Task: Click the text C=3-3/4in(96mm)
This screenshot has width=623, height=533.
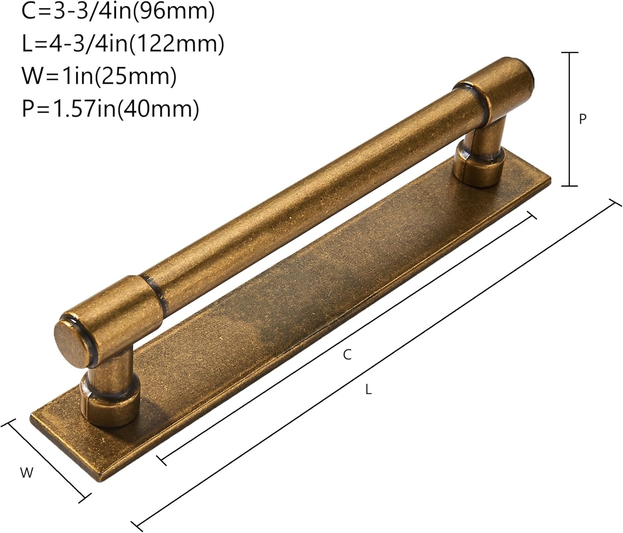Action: click(118, 12)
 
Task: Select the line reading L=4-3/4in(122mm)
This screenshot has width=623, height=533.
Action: click(123, 44)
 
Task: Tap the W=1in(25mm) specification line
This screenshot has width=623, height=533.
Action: click(99, 76)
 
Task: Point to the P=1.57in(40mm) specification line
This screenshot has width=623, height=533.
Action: click(110, 109)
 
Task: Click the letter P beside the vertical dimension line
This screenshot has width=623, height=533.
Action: click(582, 119)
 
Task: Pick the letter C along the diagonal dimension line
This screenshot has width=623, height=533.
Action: click(347, 355)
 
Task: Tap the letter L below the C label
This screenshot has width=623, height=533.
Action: click(368, 390)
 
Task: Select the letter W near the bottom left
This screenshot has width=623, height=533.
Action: click(27, 473)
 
